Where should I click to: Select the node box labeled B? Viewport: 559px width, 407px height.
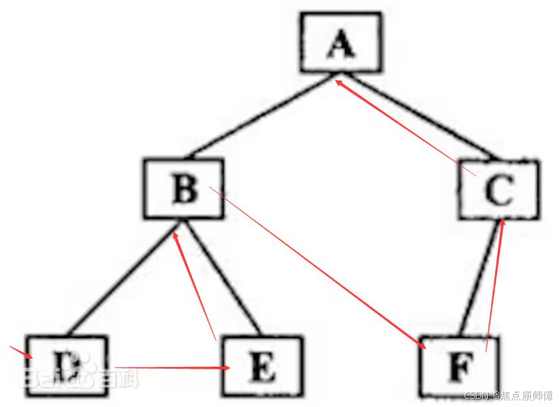click(185, 189)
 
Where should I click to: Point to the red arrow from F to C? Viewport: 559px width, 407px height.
click(495, 283)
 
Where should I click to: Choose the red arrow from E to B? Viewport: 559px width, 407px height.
click(195, 283)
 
